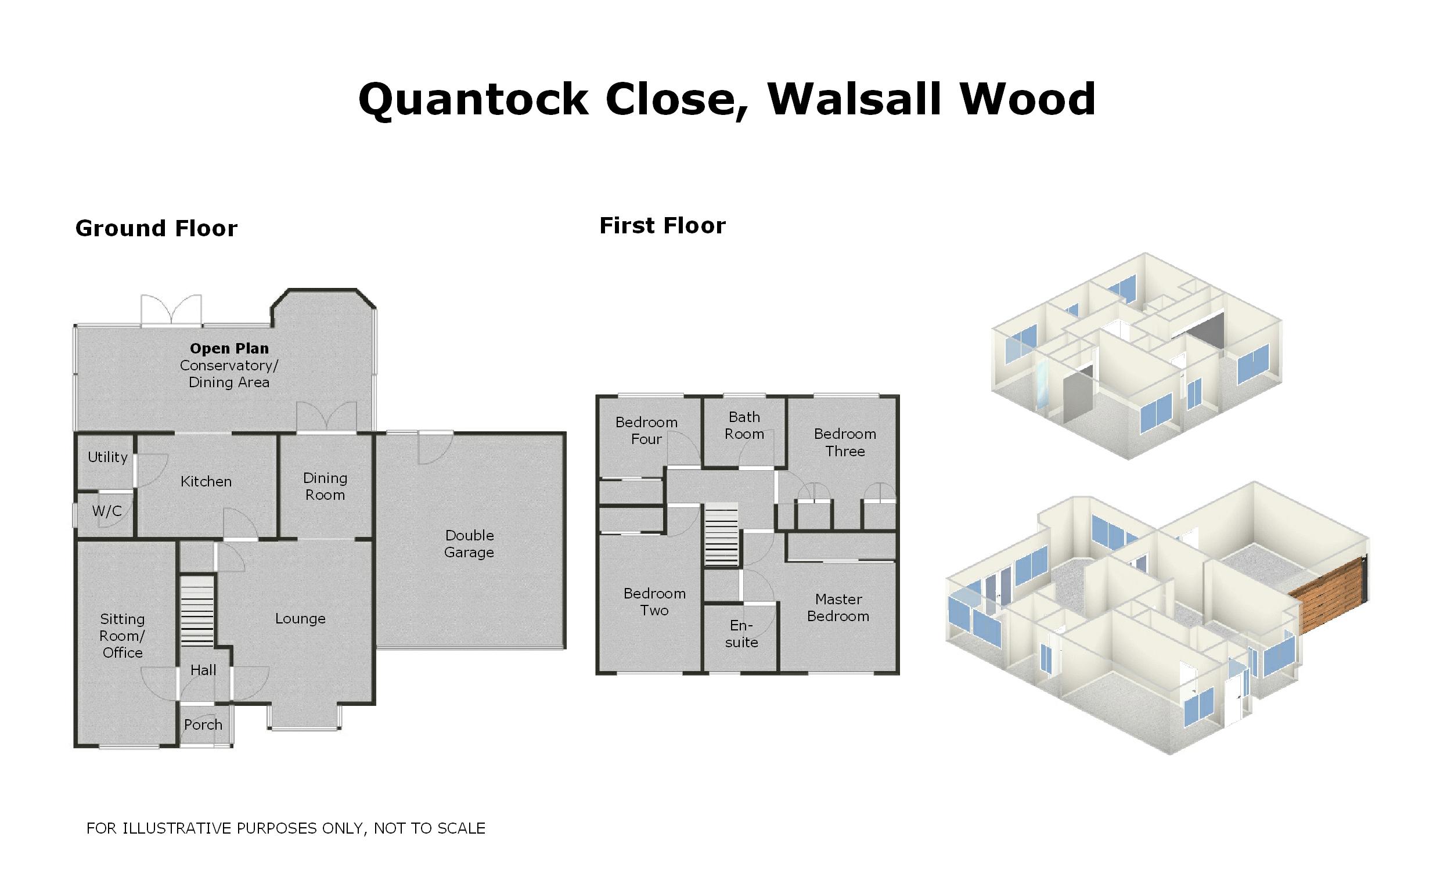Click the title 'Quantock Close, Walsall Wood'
tap(726, 99)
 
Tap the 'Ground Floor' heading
tap(156, 229)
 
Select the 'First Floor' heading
tap(662, 226)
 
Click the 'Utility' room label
tap(107, 457)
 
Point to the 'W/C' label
tap(107, 511)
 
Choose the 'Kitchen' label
tap(206, 482)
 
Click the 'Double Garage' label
tap(469, 543)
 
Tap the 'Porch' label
tap(203, 724)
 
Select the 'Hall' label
tap(203, 670)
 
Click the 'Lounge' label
tap(300, 618)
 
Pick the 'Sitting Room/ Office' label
tap(122, 636)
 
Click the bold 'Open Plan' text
tap(229, 348)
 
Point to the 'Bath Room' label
tap(744, 426)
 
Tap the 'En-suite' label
tap(741, 634)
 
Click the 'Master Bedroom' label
tap(838, 608)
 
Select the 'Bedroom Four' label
tap(646, 431)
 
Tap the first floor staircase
tap(721, 535)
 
